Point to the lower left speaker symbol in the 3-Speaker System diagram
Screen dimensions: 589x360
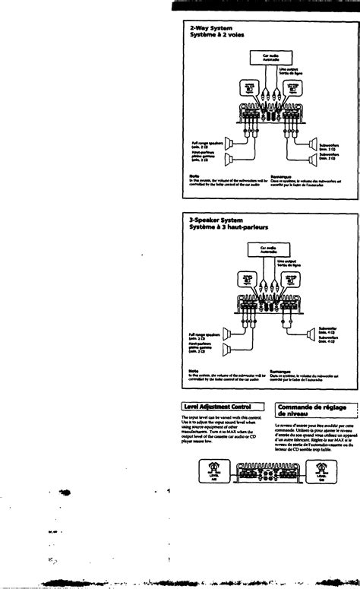(x=227, y=350)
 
